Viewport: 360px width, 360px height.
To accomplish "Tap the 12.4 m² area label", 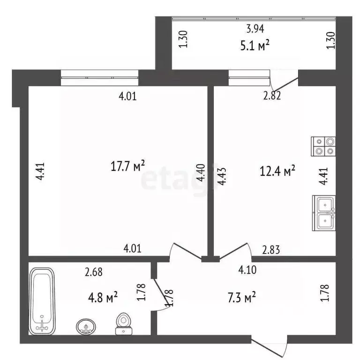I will pyautogui.click(x=277, y=171).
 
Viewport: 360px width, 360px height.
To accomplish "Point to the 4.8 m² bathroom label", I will pyautogui.click(x=102, y=297).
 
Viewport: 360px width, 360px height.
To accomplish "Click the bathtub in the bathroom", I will pyautogui.click(x=42, y=300).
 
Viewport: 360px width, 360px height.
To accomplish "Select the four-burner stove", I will pyautogui.click(x=324, y=146).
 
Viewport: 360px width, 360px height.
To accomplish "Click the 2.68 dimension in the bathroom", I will pyautogui.click(x=93, y=270).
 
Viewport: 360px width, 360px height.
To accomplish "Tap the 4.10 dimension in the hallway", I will pyautogui.click(x=247, y=270).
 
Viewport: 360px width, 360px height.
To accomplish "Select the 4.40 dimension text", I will pyautogui.click(x=201, y=172).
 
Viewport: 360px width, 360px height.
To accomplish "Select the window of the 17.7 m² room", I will pyautogui.click(x=100, y=78).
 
